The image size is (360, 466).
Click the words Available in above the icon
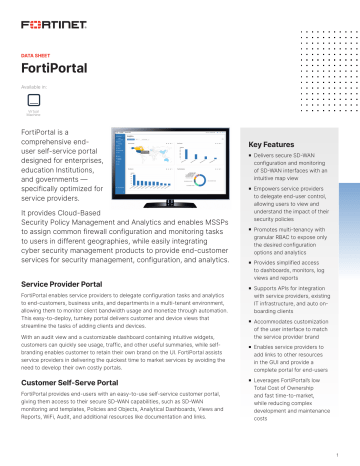pyautogui.click(x=32, y=87)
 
